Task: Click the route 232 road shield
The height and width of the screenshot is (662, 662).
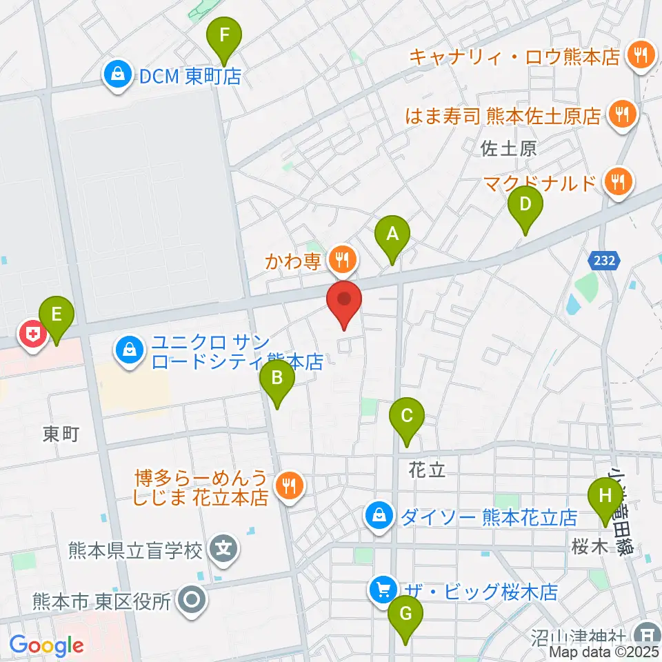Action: (605, 261)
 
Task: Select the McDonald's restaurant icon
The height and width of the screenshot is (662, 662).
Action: (619, 183)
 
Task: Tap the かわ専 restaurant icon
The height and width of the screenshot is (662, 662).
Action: (342, 260)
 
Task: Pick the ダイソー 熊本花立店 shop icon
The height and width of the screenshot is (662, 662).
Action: (379, 514)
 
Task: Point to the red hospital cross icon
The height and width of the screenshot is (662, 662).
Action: (32, 336)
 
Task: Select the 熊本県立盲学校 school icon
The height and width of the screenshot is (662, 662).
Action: (224, 550)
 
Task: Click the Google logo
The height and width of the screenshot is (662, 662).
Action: (47, 646)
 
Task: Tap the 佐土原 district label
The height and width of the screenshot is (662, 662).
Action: (510, 149)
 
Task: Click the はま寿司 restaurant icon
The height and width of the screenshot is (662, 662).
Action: (622, 115)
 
